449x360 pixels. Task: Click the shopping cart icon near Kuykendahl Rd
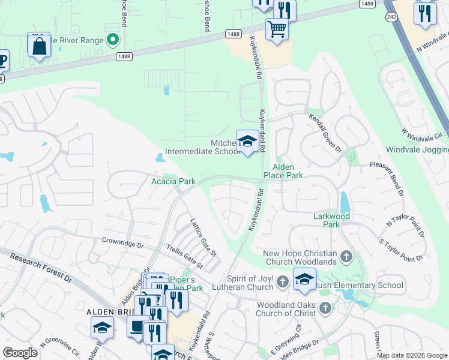click(277, 28)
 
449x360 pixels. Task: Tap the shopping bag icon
click(38, 46)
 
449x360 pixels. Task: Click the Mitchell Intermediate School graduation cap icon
click(247, 142)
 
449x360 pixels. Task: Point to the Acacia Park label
click(173, 181)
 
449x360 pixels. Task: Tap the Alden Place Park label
click(283, 171)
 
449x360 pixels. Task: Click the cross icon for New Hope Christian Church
click(346, 257)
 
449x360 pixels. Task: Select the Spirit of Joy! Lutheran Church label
click(259, 283)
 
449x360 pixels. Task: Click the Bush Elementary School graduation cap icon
click(304, 280)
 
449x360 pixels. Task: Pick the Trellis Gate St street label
click(184, 256)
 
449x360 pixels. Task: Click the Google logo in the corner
click(20, 352)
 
